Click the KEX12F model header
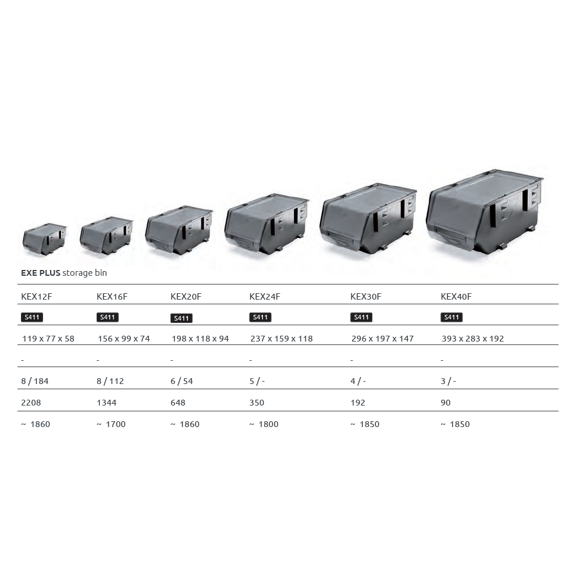37,297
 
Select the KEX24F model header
265,297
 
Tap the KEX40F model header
456,297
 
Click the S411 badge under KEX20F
182,318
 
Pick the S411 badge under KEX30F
361,317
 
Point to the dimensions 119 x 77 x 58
48,339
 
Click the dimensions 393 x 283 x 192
472,339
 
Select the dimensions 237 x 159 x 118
282,339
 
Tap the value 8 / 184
34,381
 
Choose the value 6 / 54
182,381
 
